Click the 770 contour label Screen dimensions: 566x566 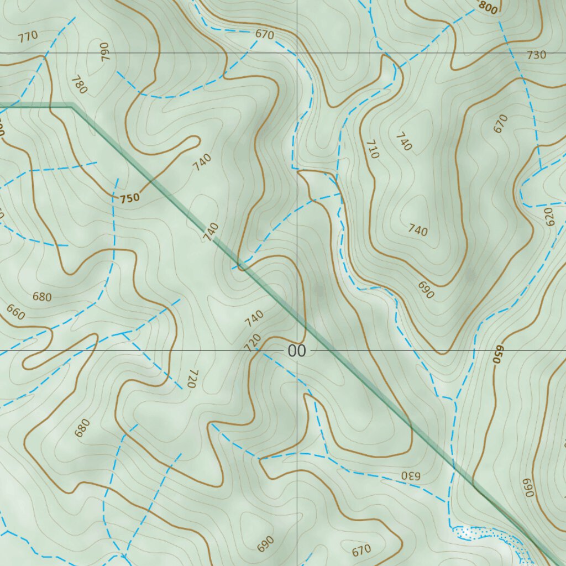28,37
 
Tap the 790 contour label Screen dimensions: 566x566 105,51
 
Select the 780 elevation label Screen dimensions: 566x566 80,85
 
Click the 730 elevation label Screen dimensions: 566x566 536,55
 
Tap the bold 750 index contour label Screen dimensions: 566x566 129,197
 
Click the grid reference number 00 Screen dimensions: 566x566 296,351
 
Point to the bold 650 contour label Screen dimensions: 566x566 497,354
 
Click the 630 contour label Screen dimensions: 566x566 410,475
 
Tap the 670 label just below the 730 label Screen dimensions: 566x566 500,124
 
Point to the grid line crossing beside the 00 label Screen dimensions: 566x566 297,350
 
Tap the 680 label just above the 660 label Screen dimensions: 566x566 42,297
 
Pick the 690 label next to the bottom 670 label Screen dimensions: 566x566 265,544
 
